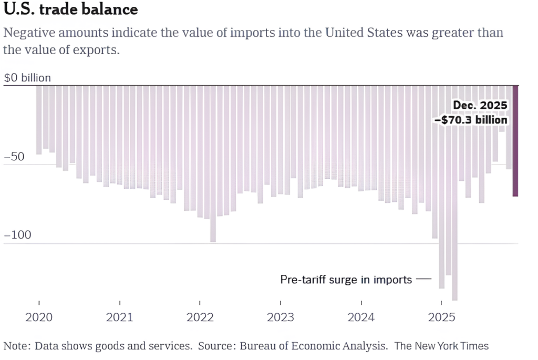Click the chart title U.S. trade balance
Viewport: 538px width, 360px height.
(x=71, y=9)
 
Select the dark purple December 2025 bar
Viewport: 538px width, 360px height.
(x=515, y=141)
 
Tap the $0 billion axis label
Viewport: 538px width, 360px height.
(x=27, y=78)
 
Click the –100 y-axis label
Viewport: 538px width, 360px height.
(x=18, y=235)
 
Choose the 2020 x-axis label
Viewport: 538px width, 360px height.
(x=39, y=317)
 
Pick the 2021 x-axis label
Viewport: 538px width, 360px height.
(x=120, y=317)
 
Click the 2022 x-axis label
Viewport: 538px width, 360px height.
(x=200, y=317)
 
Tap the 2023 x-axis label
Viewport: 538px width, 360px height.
(x=281, y=317)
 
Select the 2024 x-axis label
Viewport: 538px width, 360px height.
(x=361, y=317)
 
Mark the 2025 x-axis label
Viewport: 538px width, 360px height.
(x=441, y=317)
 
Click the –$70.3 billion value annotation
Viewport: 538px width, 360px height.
(x=471, y=120)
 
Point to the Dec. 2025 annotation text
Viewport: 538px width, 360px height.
(x=480, y=106)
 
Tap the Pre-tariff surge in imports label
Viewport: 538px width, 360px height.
(x=346, y=280)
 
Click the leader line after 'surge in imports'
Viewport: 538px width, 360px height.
(x=423, y=279)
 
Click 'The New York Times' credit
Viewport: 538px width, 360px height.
(x=441, y=346)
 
